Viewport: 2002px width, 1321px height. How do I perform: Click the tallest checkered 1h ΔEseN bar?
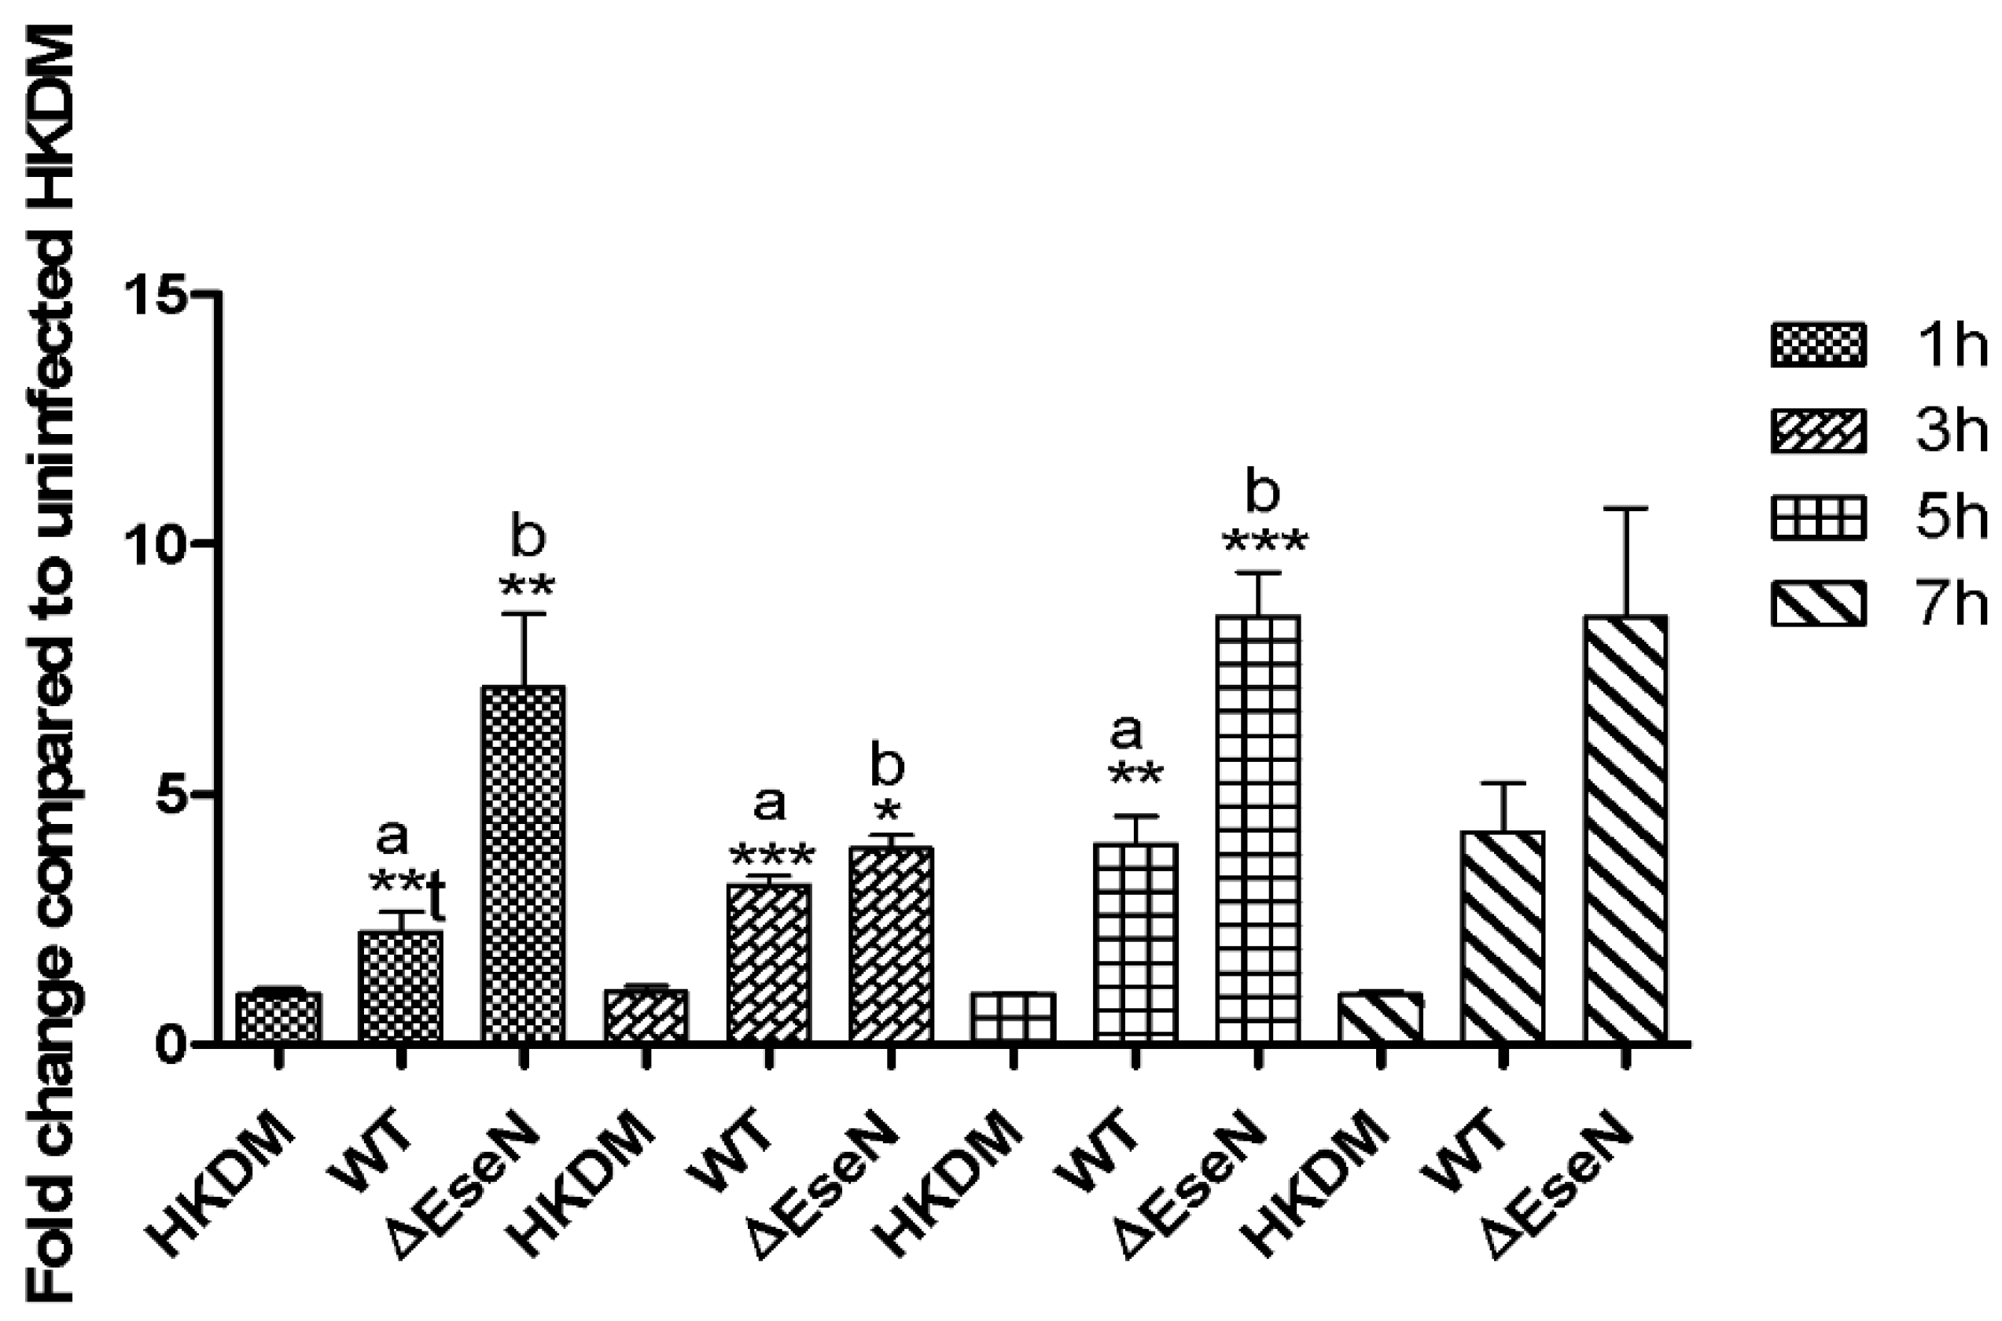pyautogui.click(x=523, y=863)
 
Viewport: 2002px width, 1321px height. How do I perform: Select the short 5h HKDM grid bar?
pyautogui.click(x=1014, y=1017)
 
